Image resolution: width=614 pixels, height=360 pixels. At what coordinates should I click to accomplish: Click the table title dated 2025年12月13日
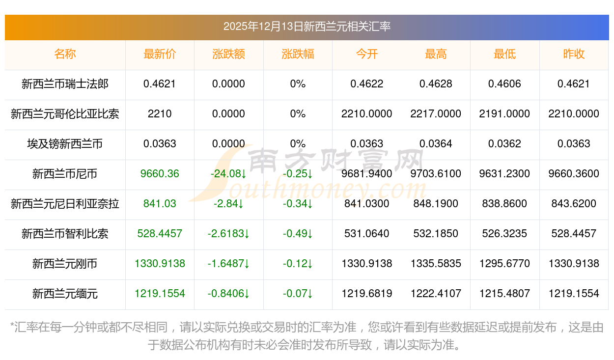coord(307,27)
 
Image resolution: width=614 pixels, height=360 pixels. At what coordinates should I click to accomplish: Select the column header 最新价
coord(160,54)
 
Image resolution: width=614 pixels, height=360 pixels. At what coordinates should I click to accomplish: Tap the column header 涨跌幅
coord(298,54)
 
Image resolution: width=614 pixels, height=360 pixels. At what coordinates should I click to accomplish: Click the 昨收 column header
coord(574,54)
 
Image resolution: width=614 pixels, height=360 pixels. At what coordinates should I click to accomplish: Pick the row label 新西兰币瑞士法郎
coord(65,84)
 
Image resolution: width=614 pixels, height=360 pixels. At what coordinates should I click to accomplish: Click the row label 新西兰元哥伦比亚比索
coord(65,114)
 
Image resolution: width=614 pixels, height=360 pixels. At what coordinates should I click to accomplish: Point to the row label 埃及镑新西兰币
coord(65,144)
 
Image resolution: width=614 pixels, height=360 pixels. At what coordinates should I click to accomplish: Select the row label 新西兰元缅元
coord(65,294)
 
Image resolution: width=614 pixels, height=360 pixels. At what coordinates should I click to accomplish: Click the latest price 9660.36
coord(160,174)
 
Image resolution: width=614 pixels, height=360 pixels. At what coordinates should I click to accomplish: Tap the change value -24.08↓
coord(228,174)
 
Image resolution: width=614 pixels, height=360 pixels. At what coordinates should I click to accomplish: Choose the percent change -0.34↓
coord(298,204)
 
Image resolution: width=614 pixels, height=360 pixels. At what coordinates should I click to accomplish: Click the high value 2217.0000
coord(436,114)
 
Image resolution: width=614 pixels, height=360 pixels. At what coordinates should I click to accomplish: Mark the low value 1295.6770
coord(504,264)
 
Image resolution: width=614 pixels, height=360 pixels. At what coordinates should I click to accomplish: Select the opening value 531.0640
coord(367,234)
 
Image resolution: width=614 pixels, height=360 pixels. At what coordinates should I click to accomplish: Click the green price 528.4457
coord(160,234)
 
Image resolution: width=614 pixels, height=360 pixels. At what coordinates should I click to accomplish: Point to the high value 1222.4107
coord(436,294)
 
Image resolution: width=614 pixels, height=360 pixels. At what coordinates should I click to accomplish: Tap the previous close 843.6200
coord(574,204)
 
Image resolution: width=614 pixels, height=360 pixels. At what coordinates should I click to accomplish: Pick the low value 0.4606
coord(504,84)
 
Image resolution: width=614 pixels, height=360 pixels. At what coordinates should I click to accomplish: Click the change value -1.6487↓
coord(228,264)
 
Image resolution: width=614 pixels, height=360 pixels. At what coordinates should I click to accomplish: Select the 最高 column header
coord(436,54)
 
